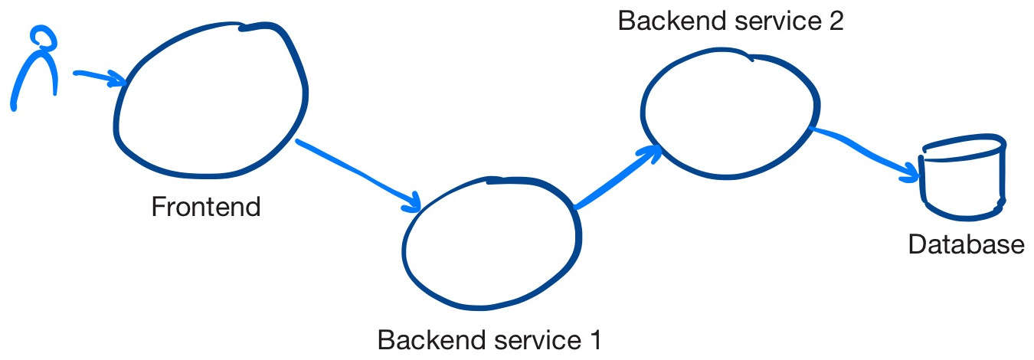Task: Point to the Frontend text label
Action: point(206,207)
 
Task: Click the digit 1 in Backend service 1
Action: point(595,339)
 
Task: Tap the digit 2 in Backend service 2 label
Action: point(835,21)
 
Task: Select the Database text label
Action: point(965,244)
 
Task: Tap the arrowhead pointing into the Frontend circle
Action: point(119,79)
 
